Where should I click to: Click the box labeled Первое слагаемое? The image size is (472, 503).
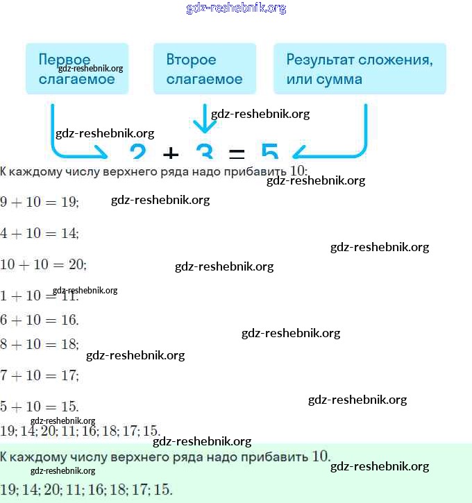point(77,69)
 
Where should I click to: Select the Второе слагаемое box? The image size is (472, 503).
point(205,69)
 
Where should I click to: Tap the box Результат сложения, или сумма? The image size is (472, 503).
point(360,69)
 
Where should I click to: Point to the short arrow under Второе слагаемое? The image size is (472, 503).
point(204,119)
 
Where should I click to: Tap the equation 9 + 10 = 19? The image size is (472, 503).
point(40,202)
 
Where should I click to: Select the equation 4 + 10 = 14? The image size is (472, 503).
point(40,233)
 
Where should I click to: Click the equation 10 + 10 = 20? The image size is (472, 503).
point(43,264)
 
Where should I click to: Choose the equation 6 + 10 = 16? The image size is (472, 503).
point(40,320)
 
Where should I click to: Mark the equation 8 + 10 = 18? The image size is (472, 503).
point(40,344)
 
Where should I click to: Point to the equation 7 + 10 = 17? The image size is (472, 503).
point(40,375)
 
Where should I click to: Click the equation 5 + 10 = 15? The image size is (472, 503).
point(40,407)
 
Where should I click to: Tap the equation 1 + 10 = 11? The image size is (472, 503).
point(40,296)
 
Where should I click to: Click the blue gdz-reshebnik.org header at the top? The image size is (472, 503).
point(236,8)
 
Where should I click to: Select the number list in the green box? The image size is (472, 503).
point(86,489)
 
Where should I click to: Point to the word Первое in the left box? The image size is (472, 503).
point(65,60)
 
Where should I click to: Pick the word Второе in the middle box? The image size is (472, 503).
point(191,60)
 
